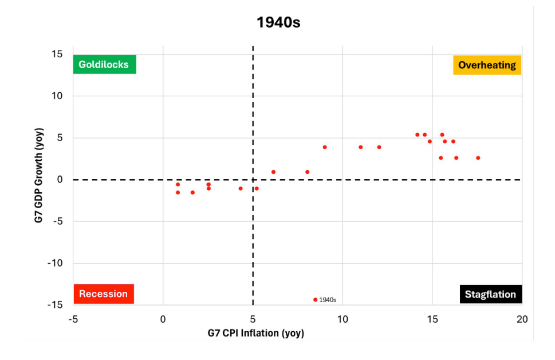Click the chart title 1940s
tap(278, 22)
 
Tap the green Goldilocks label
tap(104, 64)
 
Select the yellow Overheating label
tap(487, 65)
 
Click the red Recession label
tap(103, 294)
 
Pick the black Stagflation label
tap(490, 295)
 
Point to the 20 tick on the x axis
tap(522, 318)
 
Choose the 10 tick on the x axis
tap(342, 318)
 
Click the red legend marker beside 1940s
tap(315, 300)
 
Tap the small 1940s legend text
tap(328, 300)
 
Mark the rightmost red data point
tap(478, 158)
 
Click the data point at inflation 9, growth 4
tap(325, 147)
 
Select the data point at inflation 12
tap(379, 147)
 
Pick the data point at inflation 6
tap(273, 172)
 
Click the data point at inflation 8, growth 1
tap(307, 172)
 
